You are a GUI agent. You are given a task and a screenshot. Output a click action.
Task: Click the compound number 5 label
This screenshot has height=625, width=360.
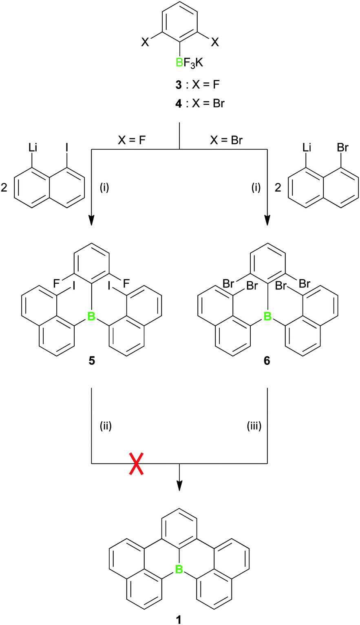(x=91, y=362)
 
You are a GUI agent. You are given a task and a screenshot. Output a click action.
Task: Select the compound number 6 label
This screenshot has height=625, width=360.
(x=267, y=362)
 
